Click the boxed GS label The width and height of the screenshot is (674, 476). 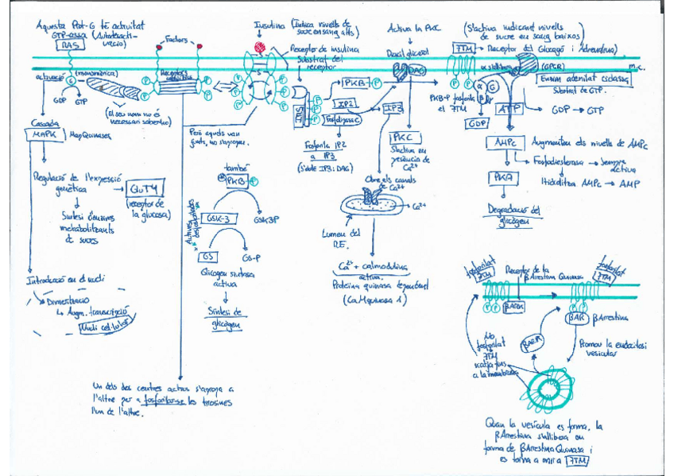pos(208,256)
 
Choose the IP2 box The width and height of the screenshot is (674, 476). pos(345,103)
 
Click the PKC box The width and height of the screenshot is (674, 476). pos(400,137)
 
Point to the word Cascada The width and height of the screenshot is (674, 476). pos(42,123)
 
